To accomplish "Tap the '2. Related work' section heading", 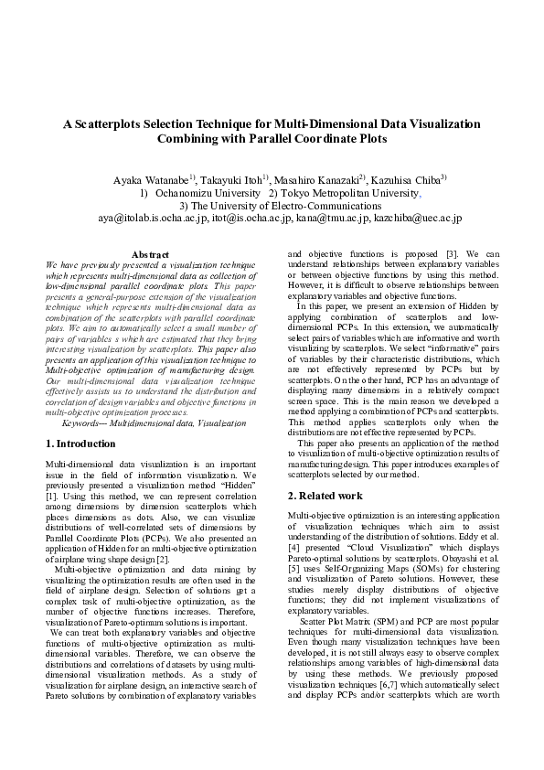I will tap(325, 496).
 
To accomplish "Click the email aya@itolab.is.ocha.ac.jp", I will tap(154, 219).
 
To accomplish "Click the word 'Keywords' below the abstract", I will tap(84, 423).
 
